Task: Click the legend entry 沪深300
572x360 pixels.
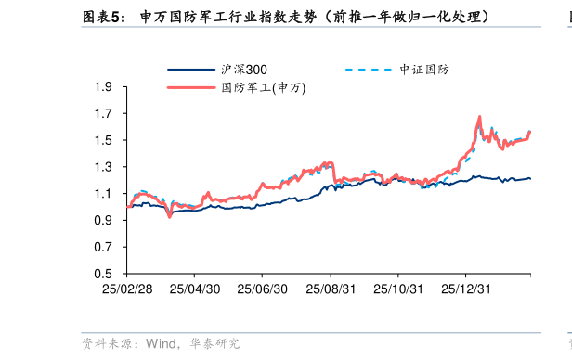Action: (243, 70)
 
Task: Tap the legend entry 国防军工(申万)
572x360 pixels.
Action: (263, 87)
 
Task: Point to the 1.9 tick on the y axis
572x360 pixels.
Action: (104, 87)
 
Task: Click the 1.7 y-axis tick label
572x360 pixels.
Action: (104, 114)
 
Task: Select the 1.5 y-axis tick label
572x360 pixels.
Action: (104, 141)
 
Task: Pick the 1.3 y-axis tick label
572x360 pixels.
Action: (104, 167)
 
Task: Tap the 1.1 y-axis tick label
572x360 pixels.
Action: (104, 194)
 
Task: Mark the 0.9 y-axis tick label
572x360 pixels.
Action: (104, 221)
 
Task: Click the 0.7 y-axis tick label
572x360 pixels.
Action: (104, 248)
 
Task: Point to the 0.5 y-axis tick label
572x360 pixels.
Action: (104, 275)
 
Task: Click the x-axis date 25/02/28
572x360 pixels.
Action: (126, 289)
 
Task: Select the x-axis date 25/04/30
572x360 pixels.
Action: (195, 289)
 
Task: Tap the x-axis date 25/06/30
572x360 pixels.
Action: (263, 289)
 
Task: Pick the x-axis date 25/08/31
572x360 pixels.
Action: (331, 289)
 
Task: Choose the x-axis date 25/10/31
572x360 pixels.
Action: (398, 289)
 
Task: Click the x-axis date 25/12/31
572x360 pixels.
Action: (466, 289)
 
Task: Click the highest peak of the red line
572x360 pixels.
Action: (479, 117)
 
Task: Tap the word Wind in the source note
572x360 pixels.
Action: (162, 344)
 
